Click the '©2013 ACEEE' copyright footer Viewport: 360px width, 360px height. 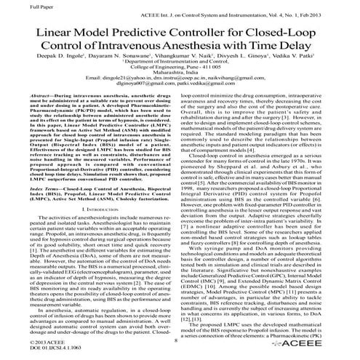[27, 340]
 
